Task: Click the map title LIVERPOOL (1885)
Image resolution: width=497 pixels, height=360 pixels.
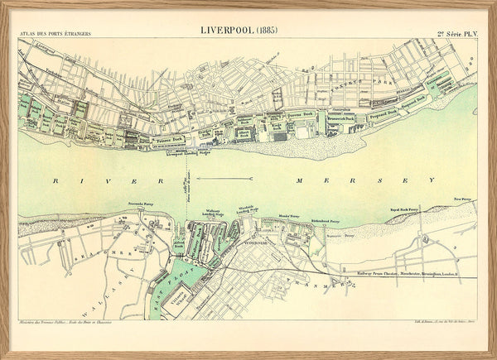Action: tap(239, 31)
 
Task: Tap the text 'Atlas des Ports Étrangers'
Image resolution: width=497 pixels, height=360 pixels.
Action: tap(55, 34)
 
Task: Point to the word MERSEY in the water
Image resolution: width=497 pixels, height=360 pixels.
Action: tap(364, 180)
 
